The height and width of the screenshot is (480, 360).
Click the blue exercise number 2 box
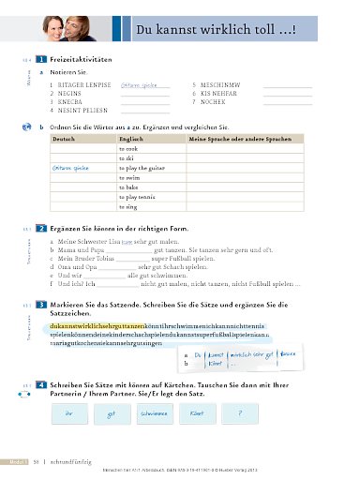click(42, 228)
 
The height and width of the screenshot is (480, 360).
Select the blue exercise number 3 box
click(42, 305)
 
